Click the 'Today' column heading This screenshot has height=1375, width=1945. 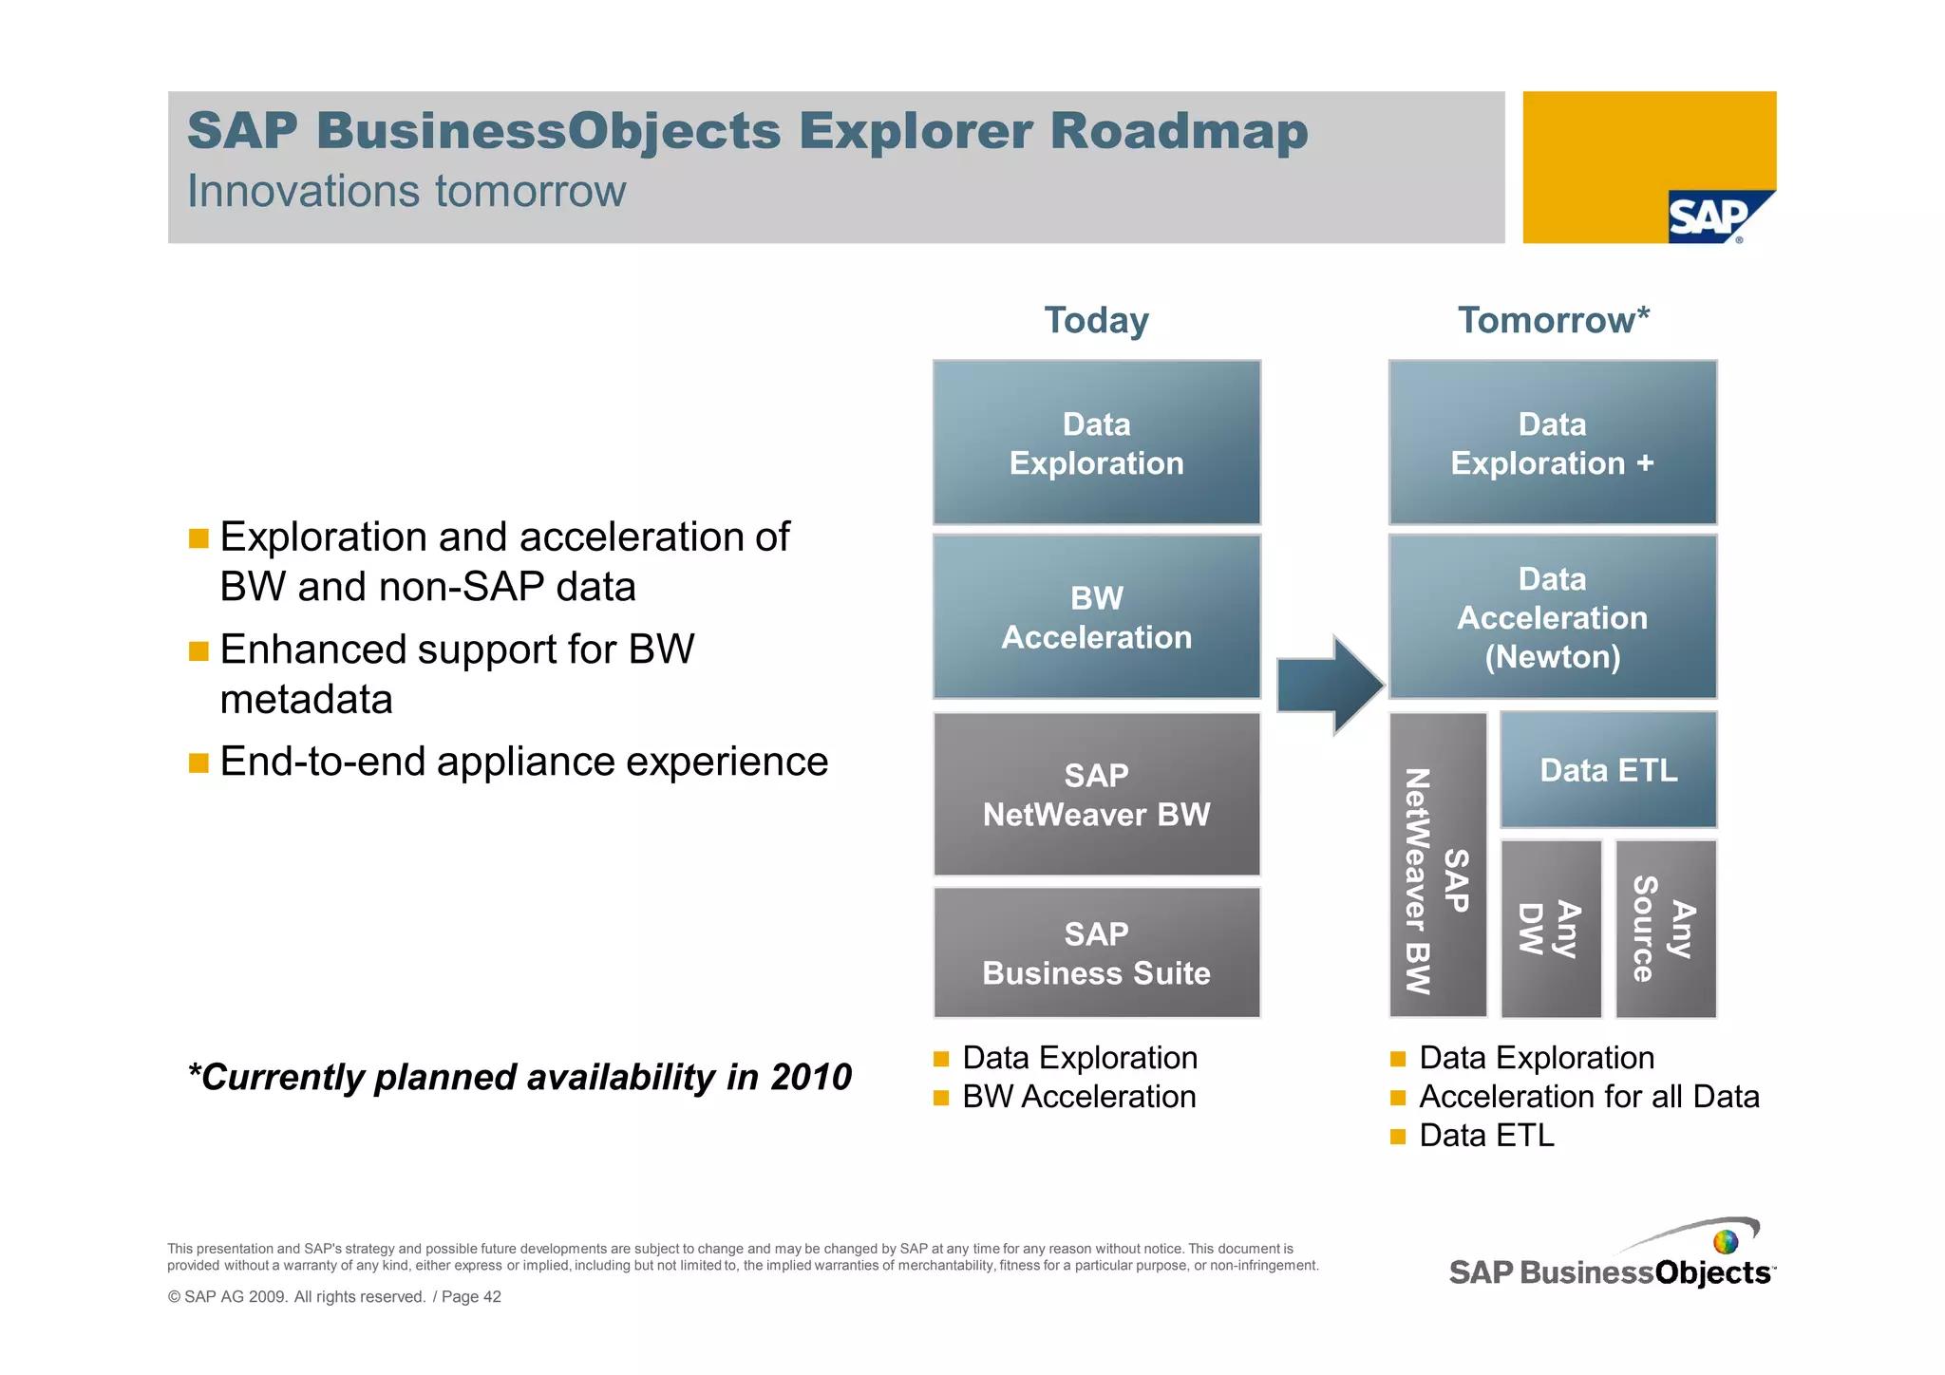1096,320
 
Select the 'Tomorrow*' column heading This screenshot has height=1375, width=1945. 1553,320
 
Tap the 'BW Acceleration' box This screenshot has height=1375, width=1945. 1096,617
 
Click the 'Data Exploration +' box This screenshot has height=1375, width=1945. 1552,443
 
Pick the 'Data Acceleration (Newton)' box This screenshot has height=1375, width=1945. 1552,617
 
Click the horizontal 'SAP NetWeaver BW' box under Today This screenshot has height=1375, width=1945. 1096,794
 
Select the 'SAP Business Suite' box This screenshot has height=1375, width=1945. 1096,952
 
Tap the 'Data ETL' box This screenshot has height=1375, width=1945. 1608,769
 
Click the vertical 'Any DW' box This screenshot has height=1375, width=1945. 1550,928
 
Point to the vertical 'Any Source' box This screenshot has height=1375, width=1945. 1665,928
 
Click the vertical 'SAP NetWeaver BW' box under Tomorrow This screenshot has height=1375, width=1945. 1437,864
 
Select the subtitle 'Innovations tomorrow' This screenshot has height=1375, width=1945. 406,191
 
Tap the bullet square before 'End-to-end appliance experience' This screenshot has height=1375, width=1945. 198,763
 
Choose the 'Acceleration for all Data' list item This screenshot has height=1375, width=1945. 1588,1097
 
